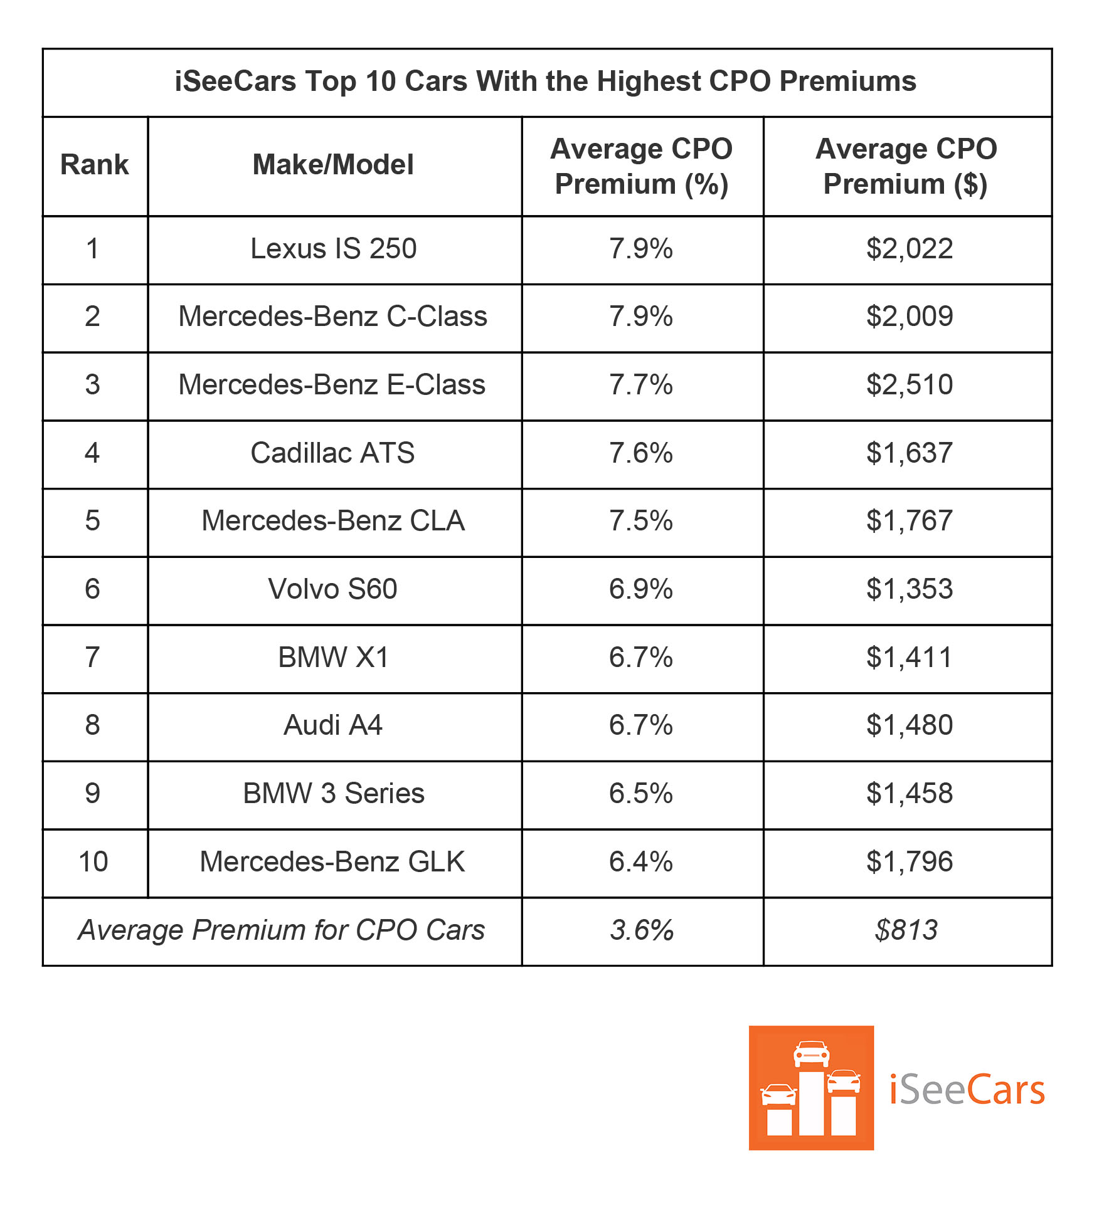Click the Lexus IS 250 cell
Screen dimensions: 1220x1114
pos(333,249)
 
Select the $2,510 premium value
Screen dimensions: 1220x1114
pos(909,385)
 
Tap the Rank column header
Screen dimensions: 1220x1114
pos(94,165)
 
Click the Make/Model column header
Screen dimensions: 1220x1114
pos(333,165)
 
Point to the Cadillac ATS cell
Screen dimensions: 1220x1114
pos(332,453)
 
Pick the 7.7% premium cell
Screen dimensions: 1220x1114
pos(640,385)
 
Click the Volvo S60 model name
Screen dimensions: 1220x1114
pos(332,589)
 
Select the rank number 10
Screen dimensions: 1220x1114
pos(93,862)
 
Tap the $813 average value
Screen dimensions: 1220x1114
pos(906,930)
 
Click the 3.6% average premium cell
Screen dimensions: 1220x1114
pos(641,930)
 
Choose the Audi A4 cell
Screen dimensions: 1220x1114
pos(332,725)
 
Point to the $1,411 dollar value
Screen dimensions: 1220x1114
pos(909,658)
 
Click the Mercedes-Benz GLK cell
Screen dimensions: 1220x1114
pos(332,862)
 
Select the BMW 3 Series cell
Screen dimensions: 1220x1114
pos(333,794)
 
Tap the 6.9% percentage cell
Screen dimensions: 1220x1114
pos(640,589)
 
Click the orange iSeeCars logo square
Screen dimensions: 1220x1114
pos(810,1088)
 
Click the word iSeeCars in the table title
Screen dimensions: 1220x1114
pos(235,82)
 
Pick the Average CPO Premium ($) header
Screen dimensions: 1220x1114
pos(906,166)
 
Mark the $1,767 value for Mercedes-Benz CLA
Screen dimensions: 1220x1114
pos(909,521)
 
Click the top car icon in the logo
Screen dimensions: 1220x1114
pos(811,1053)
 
